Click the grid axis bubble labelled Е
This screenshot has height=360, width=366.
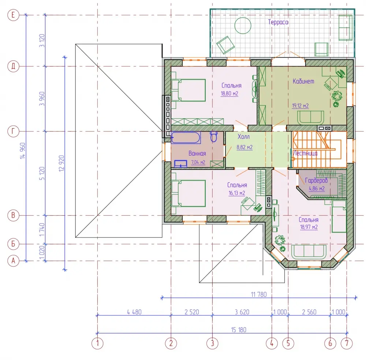click(x=13, y=15)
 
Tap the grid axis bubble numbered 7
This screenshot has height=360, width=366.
click(x=347, y=343)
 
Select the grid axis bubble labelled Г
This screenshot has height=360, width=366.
click(x=13, y=131)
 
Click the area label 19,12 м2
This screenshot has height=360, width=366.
click(x=300, y=106)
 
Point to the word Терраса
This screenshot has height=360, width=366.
click(x=278, y=22)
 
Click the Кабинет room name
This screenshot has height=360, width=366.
click(x=303, y=81)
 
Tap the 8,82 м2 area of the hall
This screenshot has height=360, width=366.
click(x=244, y=148)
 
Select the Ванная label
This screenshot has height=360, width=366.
click(x=197, y=153)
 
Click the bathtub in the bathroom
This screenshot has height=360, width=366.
click(x=186, y=138)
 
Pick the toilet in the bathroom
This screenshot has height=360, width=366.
click(x=214, y=137)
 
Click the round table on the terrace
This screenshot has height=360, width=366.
click(x=243, y=26)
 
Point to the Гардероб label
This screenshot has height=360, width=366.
click(x=316, y=180)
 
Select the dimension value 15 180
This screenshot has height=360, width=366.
click(x=239, y=330)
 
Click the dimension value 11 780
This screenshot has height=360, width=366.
click(x=259, y=294)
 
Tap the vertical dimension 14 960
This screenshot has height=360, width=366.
click(x=23, y=151)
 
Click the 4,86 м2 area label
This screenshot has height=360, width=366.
click(x=317, y=189)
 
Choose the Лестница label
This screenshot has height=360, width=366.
click(x=305, y=153)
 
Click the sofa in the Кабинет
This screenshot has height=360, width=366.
click(x=310, y=117)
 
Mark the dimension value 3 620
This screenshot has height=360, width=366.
click(x=242, y=312)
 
